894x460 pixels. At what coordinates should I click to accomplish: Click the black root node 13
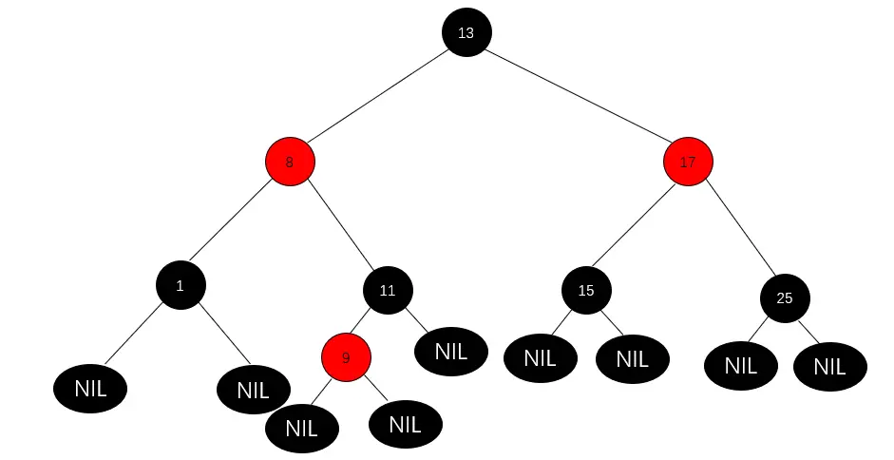coord(466,32)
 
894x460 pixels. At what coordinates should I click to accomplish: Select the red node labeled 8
coord(290,162)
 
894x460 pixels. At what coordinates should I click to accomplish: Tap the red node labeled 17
coord(688,162)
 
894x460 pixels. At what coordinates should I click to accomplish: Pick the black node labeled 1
coord(181,284)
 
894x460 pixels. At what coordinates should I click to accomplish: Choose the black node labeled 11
coord(388,291)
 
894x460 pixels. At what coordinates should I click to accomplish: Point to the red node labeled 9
coord(346,357)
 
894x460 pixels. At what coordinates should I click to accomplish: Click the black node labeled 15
coord(586,291)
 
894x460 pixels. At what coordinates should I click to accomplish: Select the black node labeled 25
coord(785,297)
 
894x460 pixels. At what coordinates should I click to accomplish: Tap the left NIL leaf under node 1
coord(91,388)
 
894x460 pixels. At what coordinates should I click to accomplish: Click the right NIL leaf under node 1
coord(253,390)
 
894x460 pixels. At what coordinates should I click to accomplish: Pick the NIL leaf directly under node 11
coord(451,351)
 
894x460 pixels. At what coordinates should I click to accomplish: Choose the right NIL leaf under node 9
coord(405,423)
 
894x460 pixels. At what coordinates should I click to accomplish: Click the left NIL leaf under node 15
coord(540,358)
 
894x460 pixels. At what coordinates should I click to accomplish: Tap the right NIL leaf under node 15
coord(632,358)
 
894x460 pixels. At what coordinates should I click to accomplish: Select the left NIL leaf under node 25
coord(741,365)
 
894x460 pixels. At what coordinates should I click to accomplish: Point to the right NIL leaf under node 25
coord(829,367)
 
